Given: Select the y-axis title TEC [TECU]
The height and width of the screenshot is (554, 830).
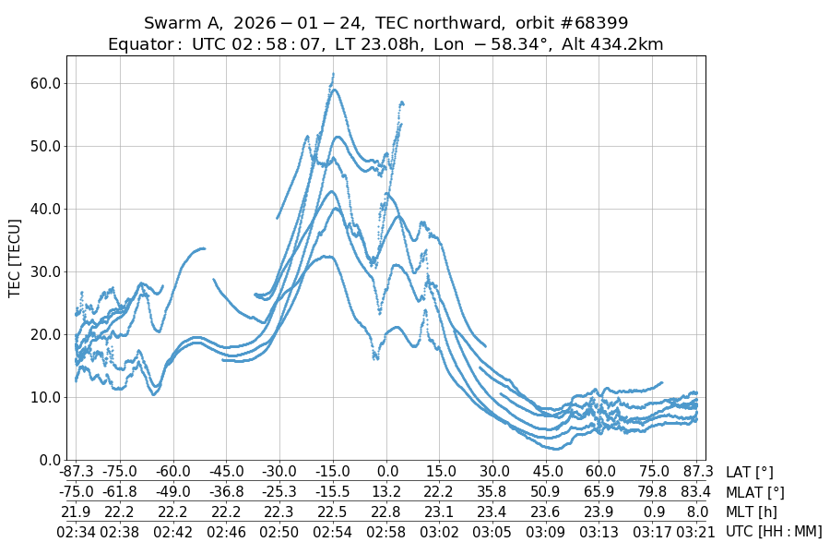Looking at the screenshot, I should click(x=15, y=258).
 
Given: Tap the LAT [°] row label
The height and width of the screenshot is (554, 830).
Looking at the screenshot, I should click(x=750, y=473).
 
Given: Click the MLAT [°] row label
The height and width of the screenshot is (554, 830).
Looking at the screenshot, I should click(x=755, y=492).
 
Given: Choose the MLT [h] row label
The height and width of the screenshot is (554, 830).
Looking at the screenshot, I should click(x=751, y=512).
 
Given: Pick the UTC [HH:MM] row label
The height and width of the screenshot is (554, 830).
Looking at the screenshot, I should click(x=774, y=531).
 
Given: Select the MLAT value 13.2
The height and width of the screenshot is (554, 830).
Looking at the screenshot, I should click(x=386, y=492).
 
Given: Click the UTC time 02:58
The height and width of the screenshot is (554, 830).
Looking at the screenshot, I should click(x=386, y=531).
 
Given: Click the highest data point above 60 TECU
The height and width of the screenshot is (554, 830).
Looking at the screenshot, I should click(x=333, y=74).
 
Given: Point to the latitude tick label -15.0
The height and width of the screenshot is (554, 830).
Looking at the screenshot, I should click(x=333, y=473).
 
